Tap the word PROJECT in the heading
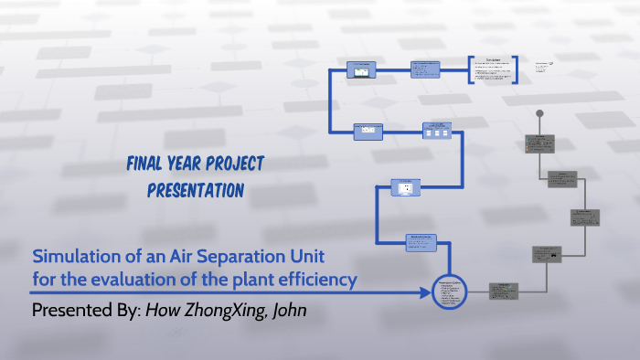(231, 164)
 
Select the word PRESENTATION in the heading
(195, 191)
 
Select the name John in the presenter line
(287, 311)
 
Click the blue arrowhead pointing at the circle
(426, 293)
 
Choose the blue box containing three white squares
(436, 132)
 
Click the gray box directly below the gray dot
(539, 143)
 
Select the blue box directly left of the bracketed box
(425, 69)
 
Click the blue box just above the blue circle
(422, 242)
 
